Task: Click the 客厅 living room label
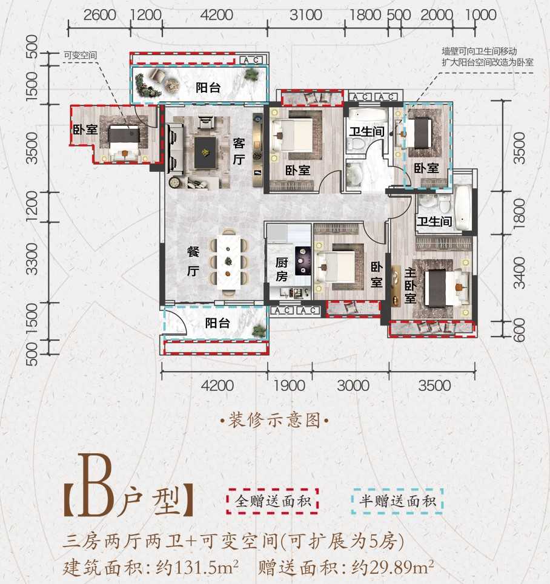pos(239,151)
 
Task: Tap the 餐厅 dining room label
pos(193,261)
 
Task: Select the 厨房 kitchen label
pos(282,269)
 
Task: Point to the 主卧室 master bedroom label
pos(410,286)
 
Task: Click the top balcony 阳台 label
pos(208,88)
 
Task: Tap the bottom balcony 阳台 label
pos(217,323)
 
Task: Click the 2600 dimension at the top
pos(99,15)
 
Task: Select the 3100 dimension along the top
pos(306,15)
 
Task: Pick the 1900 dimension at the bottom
pos(290,386)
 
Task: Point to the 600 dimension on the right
pos(519,330)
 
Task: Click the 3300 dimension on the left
pos(32,259)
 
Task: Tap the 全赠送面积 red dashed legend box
pos(273,501)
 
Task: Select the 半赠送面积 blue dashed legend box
pos(397,501)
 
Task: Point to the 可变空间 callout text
pos(80,56)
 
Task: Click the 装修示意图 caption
pos(274,421)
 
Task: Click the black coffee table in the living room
pos(205,153)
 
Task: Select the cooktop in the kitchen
pos(303,261)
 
